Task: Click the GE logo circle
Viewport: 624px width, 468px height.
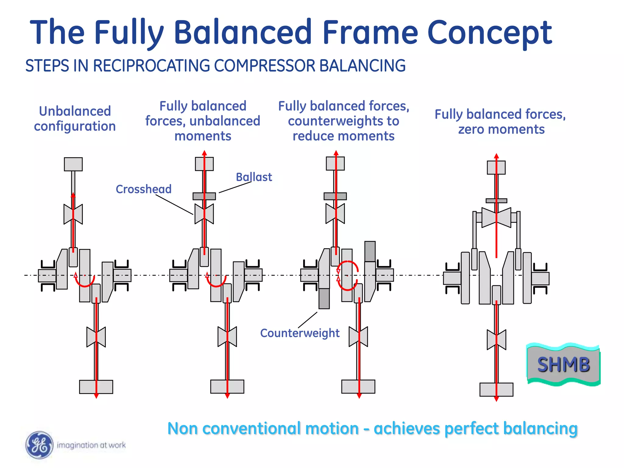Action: [x=39, y=445]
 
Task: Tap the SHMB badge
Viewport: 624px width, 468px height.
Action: [x=563, y=365]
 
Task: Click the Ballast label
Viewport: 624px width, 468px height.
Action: [x=254, y=177]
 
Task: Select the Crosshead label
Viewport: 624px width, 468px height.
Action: [x=144, y=189]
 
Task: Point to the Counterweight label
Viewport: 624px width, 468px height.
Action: [x=300, y=333]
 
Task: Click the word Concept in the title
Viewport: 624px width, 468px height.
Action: [x=490, y=32]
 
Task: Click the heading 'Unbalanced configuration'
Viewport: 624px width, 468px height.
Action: [x=75, y=119]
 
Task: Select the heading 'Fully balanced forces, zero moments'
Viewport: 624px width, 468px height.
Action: [x=500, y=122]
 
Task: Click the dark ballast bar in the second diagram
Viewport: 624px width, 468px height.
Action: [x=204, y=196]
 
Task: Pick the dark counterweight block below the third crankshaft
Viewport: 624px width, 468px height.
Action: [x=324, y=299]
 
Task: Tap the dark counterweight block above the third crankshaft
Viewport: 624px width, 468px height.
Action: [x=370, y=251]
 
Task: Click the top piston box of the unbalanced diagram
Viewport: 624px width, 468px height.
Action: [x=73, y=164]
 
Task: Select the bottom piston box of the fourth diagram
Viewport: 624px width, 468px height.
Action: [x=496, y=389]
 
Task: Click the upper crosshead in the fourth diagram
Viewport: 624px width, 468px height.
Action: [x=496, y=218]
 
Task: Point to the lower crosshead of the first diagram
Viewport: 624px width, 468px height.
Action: [x=96, y=337]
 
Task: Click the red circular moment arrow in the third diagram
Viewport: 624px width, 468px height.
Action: [x=347, y=276]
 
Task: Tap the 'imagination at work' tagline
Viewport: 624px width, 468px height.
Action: [x=91, y=445]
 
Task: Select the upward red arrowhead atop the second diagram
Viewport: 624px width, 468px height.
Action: [x=204, y=153]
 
